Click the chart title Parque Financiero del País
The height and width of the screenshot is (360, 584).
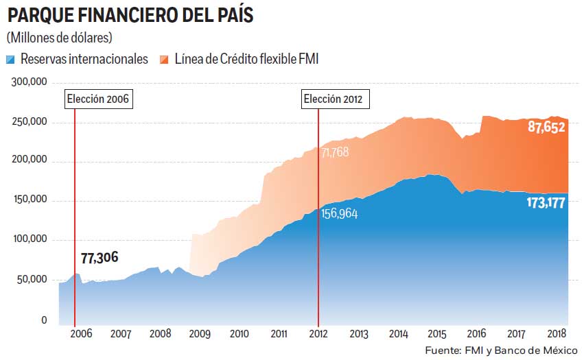pyautogui.click(x=130, y=16)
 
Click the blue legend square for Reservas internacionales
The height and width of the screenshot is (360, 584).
pyautogui.click(x=10, y=59)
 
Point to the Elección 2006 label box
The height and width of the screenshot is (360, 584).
pyautogui.click(x=98, y=99)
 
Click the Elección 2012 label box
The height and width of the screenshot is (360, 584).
pyautogui.click(x=336, y=99)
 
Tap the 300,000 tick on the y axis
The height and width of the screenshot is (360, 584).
pyautogui.click(x=30, y=82)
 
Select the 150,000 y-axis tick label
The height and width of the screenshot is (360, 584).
pyautogui.click(x=30, y=200)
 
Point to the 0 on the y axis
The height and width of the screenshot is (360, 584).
pyautogui.click(x=44, y=320)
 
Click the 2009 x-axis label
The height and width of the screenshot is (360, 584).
pyautogui.click(x=200, y=334)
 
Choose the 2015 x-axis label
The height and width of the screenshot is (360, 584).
pyautogui.click(x=438, y=334)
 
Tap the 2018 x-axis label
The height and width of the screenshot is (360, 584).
pyautogui.click(x=557, y=334)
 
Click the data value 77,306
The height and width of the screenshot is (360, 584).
pyautogui.click(x=100, y=258)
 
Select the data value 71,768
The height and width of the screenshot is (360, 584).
pyautogui.click(x=335, y=152)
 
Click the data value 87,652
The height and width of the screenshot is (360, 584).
pyautogui.click(x=546, y=127)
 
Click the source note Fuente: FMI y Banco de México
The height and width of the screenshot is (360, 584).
pyautogui.click(x=501, y=350)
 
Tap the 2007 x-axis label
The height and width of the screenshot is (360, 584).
pyautogui.click(x=121, y=334)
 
